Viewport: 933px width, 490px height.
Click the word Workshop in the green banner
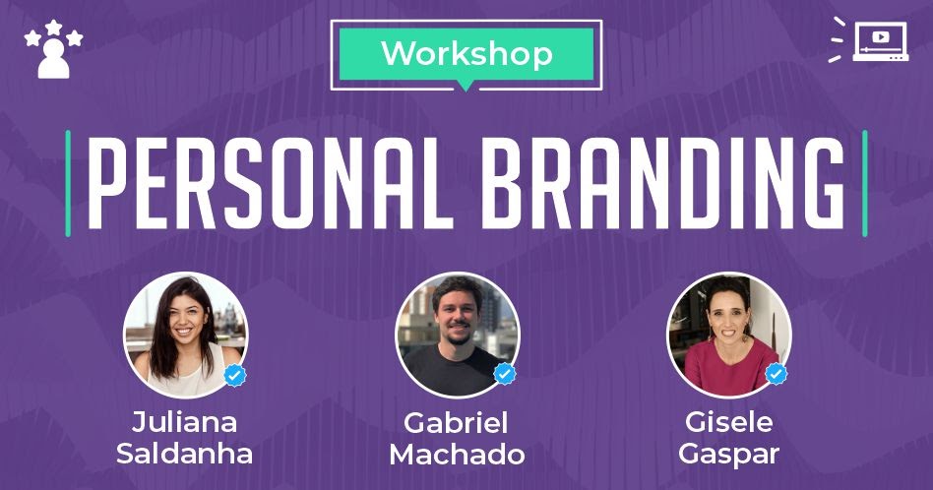pyautogui.click(x=467, y=53)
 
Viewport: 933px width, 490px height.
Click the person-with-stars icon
pyautogui.click(x=53, y=49)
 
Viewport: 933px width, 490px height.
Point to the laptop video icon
pyautogui.click(x=870, y=40)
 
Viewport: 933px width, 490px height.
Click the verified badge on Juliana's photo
pyautogui.click(x=235, y=375)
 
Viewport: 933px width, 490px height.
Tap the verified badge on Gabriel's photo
pyautogui.click(x=505, y=374)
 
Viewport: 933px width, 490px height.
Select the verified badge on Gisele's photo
pyautogui.click(x=776, y=374)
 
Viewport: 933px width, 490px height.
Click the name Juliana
pyautogui.click(x=184, y=422)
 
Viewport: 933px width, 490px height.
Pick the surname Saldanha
pyautogui.click(x=184, y=454)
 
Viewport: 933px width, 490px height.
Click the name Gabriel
pyautogui.click(x=456, y=423)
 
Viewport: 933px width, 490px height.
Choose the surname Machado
pyautogui.click(x=457, y=455)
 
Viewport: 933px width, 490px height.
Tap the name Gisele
pyautogui.click(x=729, y=422)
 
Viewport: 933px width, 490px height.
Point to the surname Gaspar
pyautogui.click(x=729, y=455)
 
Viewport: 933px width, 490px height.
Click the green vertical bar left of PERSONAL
pyautogui.click(x=68, y=183)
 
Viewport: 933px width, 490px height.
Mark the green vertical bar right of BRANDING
pyautogui.click(x=864, y=183)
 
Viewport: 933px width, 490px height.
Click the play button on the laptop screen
pyautogui.click(x=881, y=36)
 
